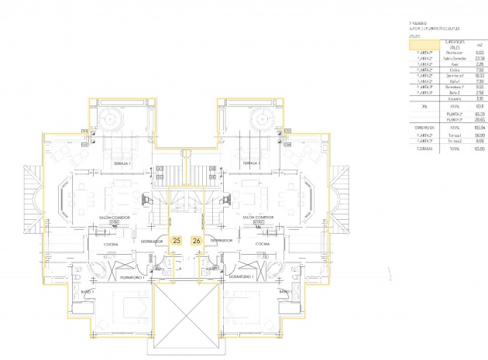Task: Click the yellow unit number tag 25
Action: pyautogui.click(x=177, y=241)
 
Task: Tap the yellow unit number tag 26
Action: pyautogui.click(x=196, y=241)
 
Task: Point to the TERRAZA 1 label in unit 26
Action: pyautogui.click(x=250, y=165)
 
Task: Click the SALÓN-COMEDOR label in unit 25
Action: pyautogui.click(x=112, y=219)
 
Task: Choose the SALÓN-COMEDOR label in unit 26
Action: pyautogui.click(x=259, y=219)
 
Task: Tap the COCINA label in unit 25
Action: pyautogui.click(x=112, y=244)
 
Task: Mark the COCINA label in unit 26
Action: pyautogui.click(x=260, y=244)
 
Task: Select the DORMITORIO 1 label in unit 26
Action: pyautogui.click(x=242, y=276)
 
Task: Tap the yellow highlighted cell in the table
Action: pyautogui.click(x=423, y=45)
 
